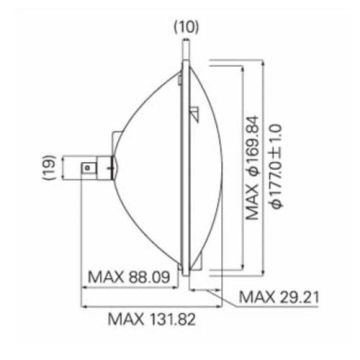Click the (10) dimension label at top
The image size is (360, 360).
[x=186, y=27]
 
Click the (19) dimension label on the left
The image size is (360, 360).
[x=49, y=167]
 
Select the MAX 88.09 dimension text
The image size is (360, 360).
[x=129, y=277]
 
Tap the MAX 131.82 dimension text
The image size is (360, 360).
[x=152, y=319]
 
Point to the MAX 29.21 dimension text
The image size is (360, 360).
[x=279, y=297]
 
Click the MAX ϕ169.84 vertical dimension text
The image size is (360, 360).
[x=252, y=168]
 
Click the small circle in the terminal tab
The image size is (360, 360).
[x=87, y=168]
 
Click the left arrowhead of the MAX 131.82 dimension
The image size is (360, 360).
[x=84, y=306]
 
